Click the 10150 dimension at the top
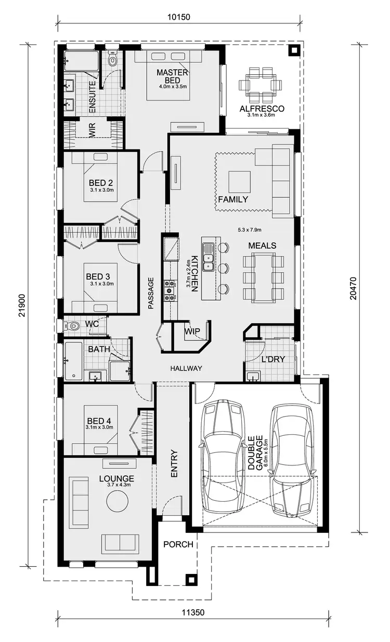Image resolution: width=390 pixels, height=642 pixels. pyautogui.click(x=179, y=17)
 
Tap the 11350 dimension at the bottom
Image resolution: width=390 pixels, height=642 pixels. pyautogui.click(x=193, y=612)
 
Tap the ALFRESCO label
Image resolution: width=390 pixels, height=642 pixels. pyautogui.click(x=262, y=109)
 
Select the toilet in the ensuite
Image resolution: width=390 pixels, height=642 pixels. pyautogui.click(x=112, y=60)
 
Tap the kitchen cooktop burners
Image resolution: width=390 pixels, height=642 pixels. pyautogui.click(x=170, y=291)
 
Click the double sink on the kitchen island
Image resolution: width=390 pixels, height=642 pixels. pyautogui.click(x=209, y=257)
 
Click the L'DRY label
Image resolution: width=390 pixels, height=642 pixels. pyautogui.click(x=273, y=359)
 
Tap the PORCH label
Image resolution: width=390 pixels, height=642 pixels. pyautogui.click(x=178, y=544)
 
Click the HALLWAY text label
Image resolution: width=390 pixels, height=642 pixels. pyautogui.click(x=186, y=368)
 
